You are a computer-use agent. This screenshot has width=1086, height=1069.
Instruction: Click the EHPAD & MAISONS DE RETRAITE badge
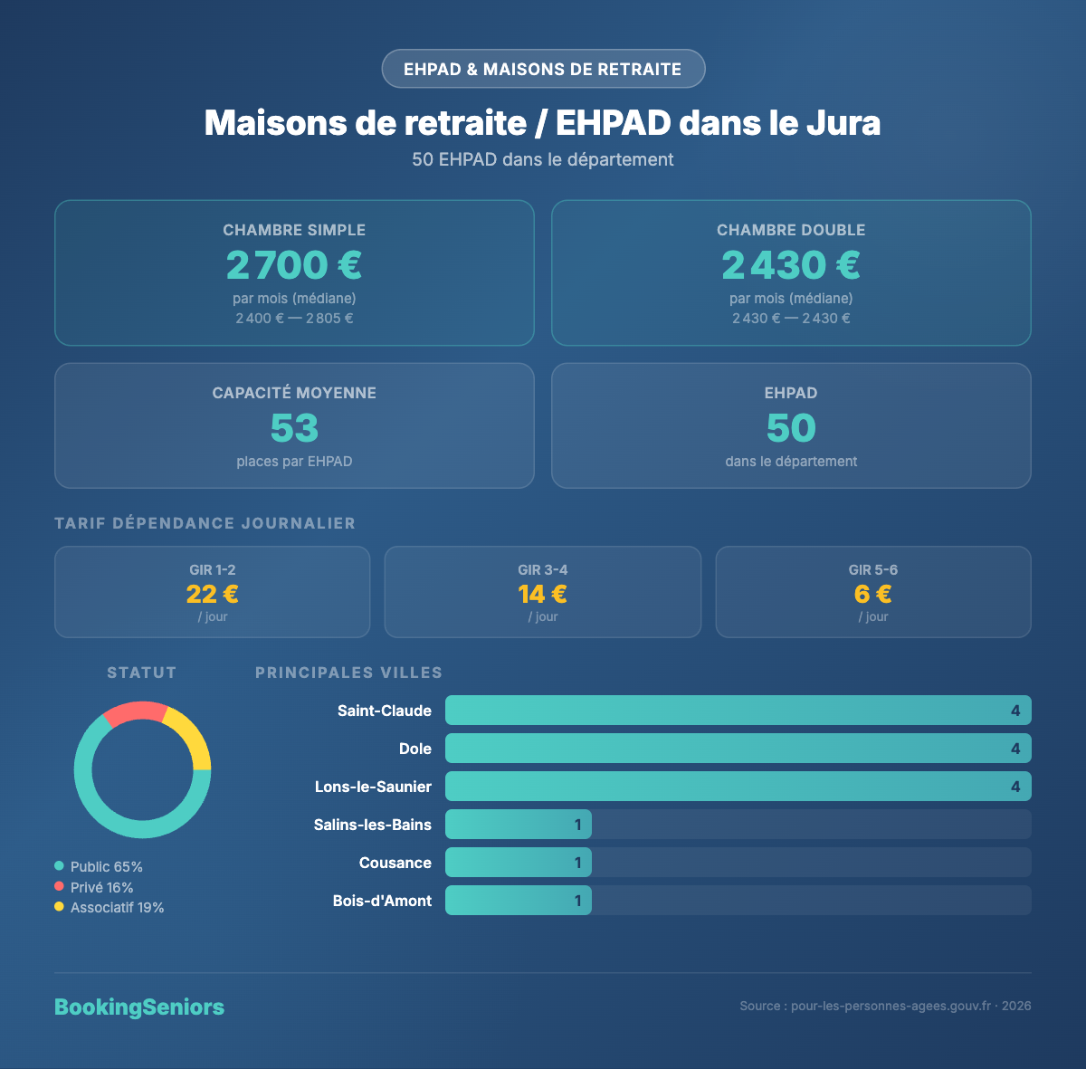click(543, 69)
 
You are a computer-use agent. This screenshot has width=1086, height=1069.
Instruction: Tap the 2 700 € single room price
click(294, 265)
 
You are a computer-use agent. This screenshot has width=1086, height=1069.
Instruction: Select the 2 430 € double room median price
click(791, 265)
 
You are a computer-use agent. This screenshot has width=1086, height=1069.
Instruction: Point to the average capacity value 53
click(294, 428)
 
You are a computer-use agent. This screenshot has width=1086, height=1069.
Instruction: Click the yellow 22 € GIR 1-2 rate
click(213, 594)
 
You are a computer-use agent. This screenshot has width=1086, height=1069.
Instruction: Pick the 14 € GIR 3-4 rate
click(543, 594)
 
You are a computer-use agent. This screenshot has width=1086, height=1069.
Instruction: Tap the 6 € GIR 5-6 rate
click(873, 594)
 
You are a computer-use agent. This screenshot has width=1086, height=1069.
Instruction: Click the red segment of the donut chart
click(135, 711)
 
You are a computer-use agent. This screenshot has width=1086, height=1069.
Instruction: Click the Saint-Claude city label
click(385, 711)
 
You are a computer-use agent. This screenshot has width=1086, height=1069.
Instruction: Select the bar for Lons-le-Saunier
click(738, 787)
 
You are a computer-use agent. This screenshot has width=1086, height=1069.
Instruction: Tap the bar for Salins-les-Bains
click(519, 825)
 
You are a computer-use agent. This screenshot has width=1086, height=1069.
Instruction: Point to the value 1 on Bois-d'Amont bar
click(578, 901)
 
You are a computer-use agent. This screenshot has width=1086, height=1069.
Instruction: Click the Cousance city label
click(395, 863)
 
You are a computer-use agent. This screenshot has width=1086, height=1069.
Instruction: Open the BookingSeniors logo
click(139, 1007)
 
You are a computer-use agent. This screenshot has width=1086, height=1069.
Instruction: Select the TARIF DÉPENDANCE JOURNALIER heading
click(205, 523)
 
